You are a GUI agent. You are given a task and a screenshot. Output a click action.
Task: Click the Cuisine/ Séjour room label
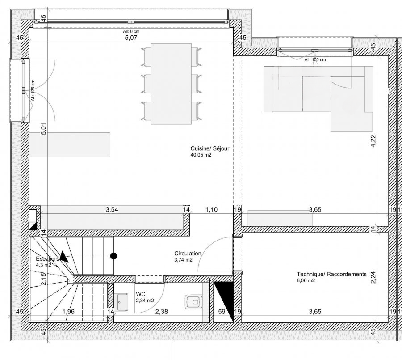click(209, 148)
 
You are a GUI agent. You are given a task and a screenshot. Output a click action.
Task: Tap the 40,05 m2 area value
click(201, 156)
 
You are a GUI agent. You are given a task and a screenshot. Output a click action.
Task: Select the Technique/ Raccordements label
click(331, 274)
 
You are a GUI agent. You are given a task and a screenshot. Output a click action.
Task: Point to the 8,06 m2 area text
click(306, 281)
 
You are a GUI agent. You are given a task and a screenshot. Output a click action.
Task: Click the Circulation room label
click(188, 253)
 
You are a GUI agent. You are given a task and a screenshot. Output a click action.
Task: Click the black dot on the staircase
click(114, 256)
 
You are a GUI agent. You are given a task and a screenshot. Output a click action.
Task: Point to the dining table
click(172, 84)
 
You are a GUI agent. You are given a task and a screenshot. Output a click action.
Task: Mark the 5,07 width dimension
click(130, 38)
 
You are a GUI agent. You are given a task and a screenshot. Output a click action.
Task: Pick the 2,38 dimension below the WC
click(161, 312)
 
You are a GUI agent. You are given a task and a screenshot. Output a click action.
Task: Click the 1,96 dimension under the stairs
click(68, 312)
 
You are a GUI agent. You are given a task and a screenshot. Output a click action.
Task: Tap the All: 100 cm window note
click(315, 59)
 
